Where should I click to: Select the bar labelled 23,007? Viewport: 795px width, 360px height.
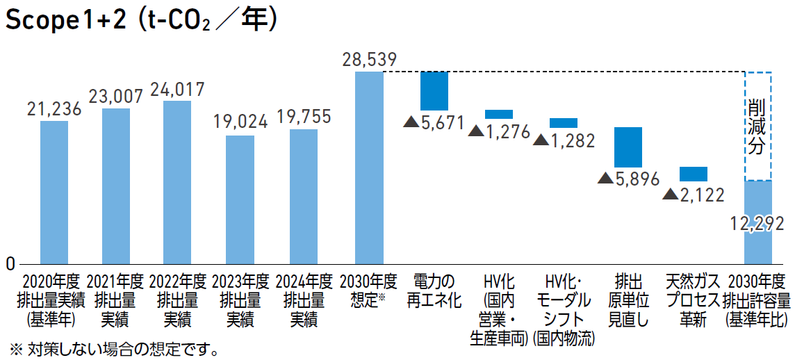pos(116,186)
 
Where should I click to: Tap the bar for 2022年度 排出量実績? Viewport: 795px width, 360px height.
pos(177,183)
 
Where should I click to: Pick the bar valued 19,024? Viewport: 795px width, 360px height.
pos(240,200)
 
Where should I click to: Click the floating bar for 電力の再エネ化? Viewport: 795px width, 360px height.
pos(434,90)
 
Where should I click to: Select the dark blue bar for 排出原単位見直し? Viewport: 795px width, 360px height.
pos(628,147)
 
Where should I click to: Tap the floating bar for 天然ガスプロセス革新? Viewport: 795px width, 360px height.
pos(694,174)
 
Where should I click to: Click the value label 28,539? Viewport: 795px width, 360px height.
pos(369,60)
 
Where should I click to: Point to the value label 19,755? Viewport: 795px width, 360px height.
pos(304,117)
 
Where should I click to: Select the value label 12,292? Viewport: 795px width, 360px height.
pos(757,224)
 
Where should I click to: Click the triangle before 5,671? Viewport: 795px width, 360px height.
pos(411,122)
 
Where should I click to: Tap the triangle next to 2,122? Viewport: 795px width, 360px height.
pos(671,195)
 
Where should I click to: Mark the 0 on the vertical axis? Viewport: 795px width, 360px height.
pos(10,264)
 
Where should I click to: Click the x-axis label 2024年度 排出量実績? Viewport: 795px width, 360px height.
pos(304,301)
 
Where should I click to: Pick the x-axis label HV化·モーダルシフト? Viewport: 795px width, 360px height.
pos(564,310)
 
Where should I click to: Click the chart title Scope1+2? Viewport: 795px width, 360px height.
pos(66,21)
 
